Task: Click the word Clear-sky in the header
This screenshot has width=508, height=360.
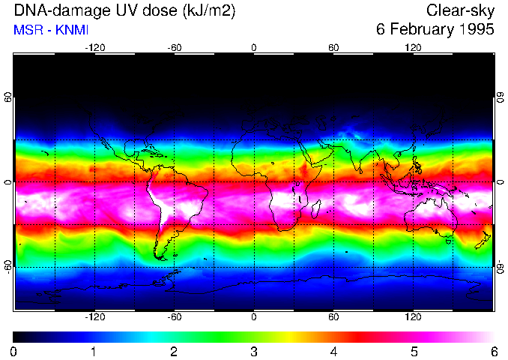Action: tap(460, 10)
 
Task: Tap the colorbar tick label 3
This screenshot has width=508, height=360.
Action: tap(253, 351)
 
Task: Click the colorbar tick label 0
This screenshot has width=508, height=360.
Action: tap(14, 351)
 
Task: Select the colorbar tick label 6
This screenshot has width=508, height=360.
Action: tap(493, 351)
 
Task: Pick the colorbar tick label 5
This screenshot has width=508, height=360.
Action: tap(413, 351)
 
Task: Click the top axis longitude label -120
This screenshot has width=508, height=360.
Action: tap(94, 48)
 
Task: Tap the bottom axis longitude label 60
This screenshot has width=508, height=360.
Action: tap(333, 317)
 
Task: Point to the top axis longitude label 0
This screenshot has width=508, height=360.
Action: tap(253, 48)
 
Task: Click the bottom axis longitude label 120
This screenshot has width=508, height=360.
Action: tap(413, 317)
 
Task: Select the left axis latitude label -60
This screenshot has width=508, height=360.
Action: tap(8, 267)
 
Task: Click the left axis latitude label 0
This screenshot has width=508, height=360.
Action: tap(8, 182)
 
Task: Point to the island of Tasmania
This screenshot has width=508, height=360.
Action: tap(449, 241)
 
